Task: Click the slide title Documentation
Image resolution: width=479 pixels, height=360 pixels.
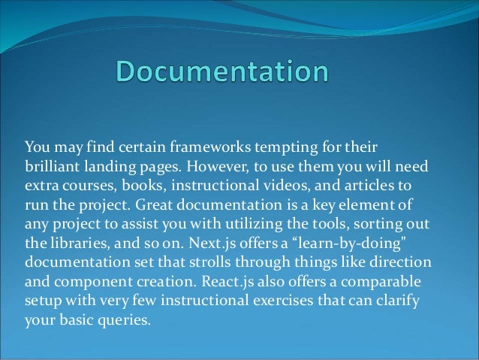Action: (222, 72)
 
